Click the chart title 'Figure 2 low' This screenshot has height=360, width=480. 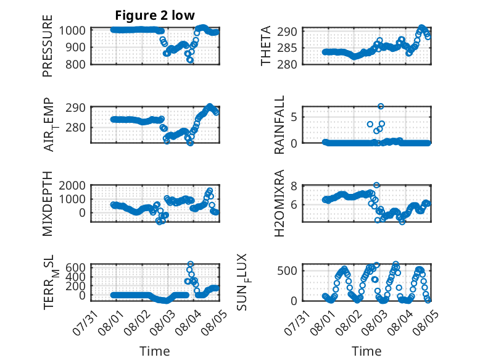pyautogui.click(x=155, y=15)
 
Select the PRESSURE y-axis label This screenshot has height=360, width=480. pyautogui.click(x=48, y=46)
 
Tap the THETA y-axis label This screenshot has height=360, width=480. pyautogui.click(x=266, y=46)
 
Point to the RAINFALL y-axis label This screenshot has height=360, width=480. pyautogui.click(x=279, y=125)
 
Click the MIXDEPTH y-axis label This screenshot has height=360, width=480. pyautogui.click(x=48, y=204)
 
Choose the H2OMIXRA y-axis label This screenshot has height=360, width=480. pyautogui.click(x=279, y=203)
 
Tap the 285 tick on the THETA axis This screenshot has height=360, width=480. pyautogui.click(x=287, y=48)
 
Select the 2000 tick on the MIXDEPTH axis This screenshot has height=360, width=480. pyautogui.click(x=72, y=185)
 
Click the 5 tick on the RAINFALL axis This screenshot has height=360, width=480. pyautogui.click(x=294, y=117)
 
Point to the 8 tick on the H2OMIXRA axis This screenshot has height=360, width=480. pyautogui.click(x=294, y=186)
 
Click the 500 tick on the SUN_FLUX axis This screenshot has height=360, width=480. pyautogui.click(x=287, y=271)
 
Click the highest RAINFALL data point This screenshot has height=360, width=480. pyautogui.click(x=381, y=106)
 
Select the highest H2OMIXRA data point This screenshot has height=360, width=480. pyautogui.click(x=376, y=185)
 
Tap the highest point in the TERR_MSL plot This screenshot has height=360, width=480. pyautogui.click(x=191, y=264)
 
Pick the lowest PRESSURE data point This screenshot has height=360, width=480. pyautogui.click(x=191, y=60)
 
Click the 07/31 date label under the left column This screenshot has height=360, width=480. pyautogui.click(x=85, y=322)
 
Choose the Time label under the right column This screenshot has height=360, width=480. pyautogui.click(x=366, y=351)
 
